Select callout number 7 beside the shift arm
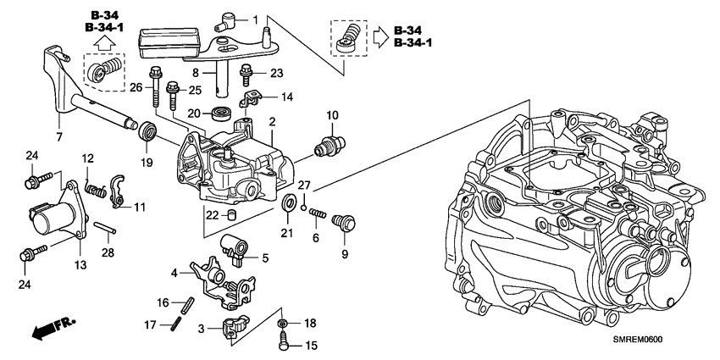tap(59, 136)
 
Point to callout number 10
tap(331, 114)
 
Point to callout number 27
tap(304, 186)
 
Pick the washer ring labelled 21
tap(289, 203)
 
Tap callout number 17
tap(149, 324)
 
